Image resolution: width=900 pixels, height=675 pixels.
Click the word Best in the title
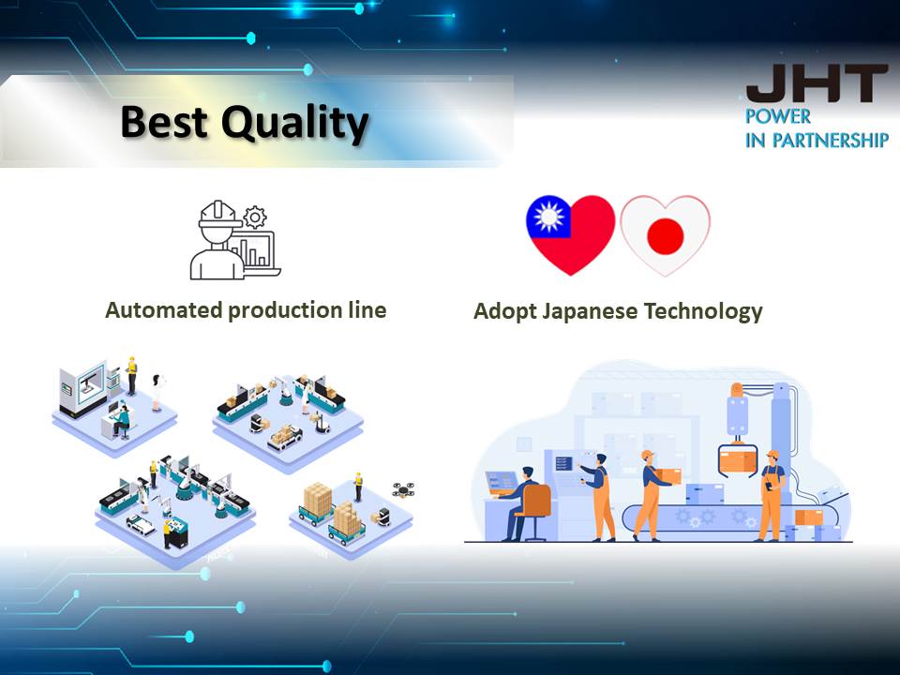[x=163, y=121]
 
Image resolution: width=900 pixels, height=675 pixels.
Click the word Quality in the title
[x=294, y=124]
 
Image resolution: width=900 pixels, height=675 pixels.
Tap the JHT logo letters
[x=817, y=83]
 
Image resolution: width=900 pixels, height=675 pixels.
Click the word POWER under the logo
[x=778, y=116]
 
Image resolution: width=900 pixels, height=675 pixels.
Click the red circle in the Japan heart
[x=666, y=236]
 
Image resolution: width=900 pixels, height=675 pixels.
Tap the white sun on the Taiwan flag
[x=548, y=217]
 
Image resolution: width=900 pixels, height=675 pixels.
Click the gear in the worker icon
[x=255, y=217]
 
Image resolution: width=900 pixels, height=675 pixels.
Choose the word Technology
[x=703, y=311]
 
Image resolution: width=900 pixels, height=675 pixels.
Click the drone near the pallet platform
[x=403, y=489]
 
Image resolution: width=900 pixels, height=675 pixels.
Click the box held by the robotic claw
[x=737, y=460]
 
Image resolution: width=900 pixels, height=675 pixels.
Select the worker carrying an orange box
[x=651, y=495]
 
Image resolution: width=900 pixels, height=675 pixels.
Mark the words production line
[x=307, y=310]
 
